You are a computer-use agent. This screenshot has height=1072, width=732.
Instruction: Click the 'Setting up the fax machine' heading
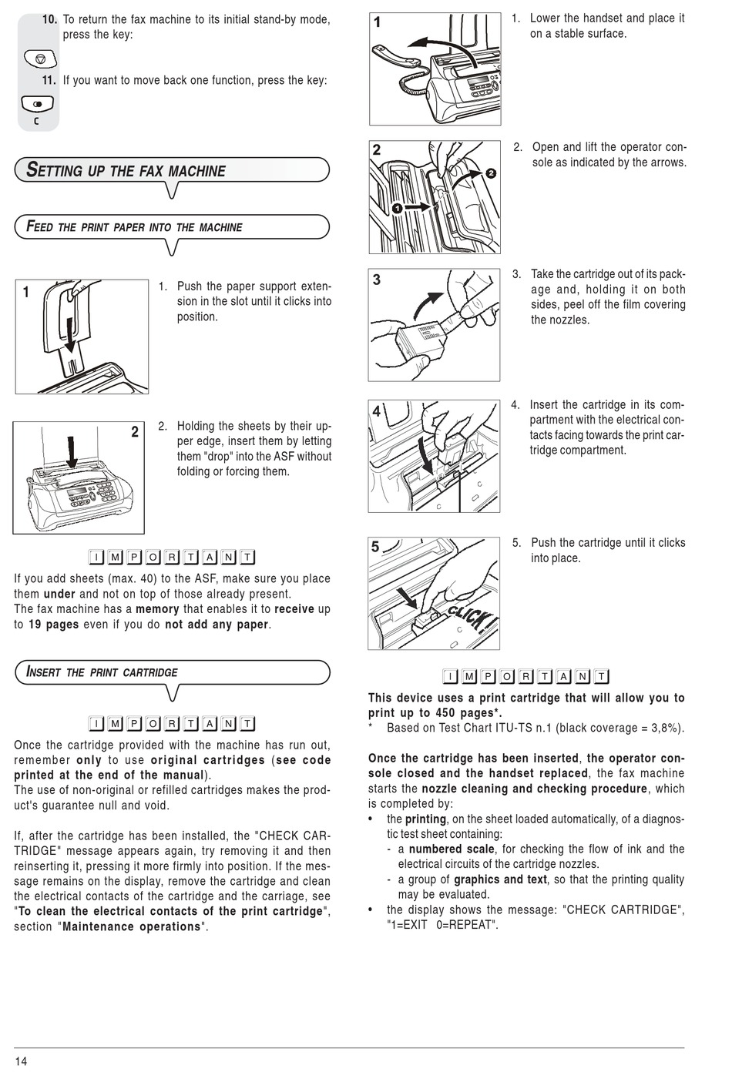point(126,171)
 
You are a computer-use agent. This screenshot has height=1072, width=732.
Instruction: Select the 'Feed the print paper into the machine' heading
point(134,227)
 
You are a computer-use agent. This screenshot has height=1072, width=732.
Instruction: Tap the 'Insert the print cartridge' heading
point(102,672)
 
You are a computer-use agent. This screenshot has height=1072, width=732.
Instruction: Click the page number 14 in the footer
point(21,1061)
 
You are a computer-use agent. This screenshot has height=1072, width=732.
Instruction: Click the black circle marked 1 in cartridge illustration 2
point(396,208)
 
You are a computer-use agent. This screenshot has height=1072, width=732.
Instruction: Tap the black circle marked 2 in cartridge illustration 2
point(491,173)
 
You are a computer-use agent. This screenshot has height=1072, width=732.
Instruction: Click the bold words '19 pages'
point(54,625)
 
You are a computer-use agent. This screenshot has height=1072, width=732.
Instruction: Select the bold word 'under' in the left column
point(59,594)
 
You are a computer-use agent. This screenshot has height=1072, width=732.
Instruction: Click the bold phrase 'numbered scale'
point(452,849)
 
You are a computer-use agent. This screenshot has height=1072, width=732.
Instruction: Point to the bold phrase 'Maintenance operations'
point(131,927)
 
